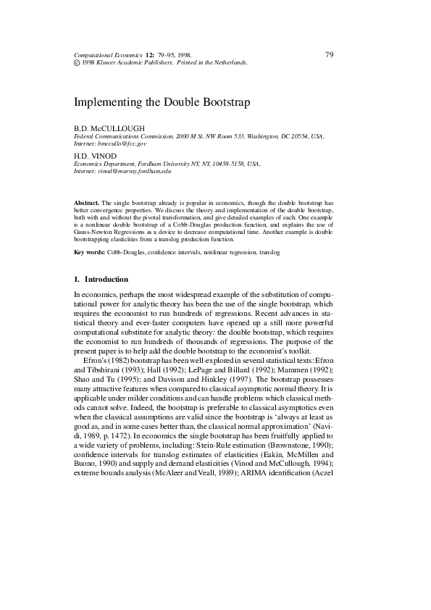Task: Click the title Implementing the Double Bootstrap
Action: (x=162, y=102)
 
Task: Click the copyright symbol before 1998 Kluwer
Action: (x=78, y=63)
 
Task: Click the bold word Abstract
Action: (x=87, y=204)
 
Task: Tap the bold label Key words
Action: (x=89, y=252)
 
